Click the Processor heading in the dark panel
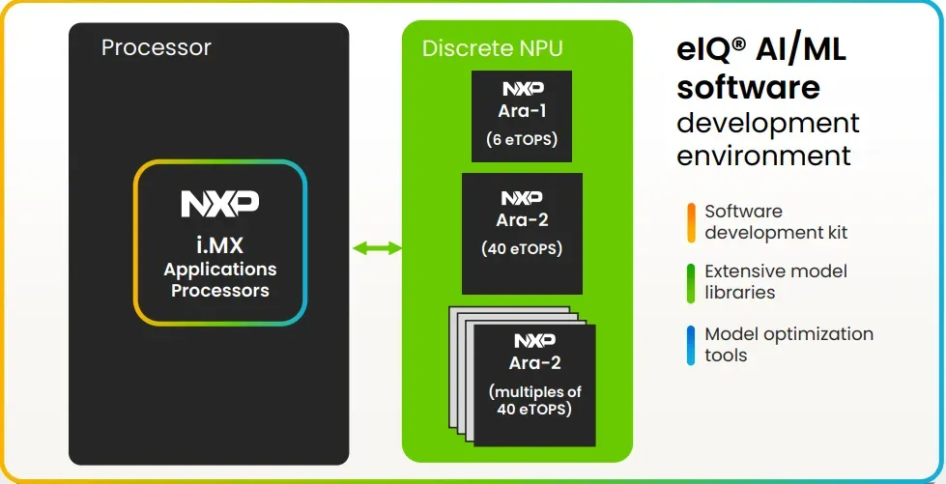click(157, 47)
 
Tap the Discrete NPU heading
click(492, 48)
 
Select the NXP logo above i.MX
click(220, 204)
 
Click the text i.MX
click(220, 245)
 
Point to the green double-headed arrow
click(377, 247)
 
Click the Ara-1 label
click(522, 111)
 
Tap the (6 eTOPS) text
click(522, 139)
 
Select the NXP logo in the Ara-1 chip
click(523, 89)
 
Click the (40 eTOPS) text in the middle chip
click(522, 248)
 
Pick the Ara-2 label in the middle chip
click(523, 220)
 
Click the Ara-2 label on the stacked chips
click(535, 362)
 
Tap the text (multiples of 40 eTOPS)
click(535, 401)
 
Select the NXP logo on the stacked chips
click(535, 341)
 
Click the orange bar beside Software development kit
click(691, 222)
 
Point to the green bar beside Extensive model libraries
click(691, 282)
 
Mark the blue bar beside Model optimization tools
click(691, 345)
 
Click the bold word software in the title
click(749, 88)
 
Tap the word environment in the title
click(763, 156)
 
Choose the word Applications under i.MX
click(220, 270)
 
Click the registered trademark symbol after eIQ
click(738, 43)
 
